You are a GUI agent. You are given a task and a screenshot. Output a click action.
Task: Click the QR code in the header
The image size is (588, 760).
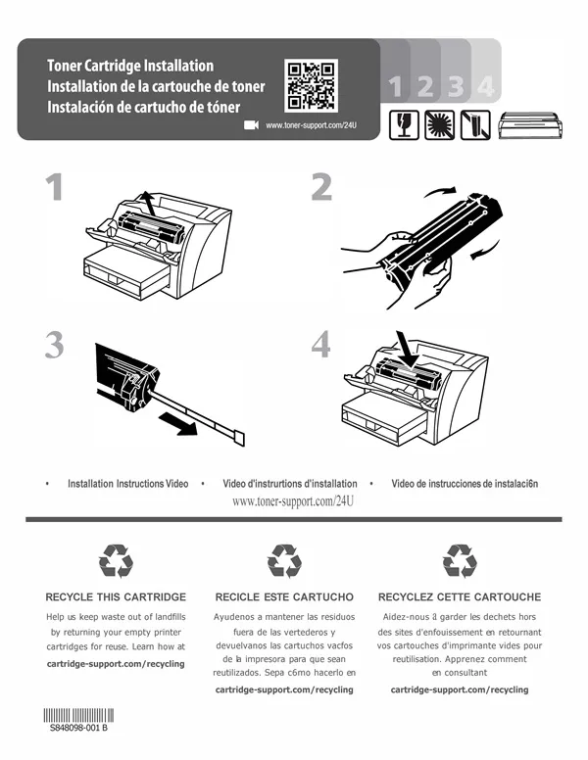pyautogui.click(x=311, y=85)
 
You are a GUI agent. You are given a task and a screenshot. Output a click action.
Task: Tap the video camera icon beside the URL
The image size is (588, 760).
pyautogui.click(x=251, y=125)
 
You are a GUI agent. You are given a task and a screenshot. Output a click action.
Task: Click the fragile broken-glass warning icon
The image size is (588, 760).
pyautogui.click(x=404, y=125)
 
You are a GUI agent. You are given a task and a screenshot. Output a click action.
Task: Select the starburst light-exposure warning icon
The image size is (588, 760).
pyautogui.click(x=440, y=125)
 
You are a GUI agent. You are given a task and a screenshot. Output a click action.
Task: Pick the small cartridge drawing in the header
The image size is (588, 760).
pyautogui.click(x=530, y=124)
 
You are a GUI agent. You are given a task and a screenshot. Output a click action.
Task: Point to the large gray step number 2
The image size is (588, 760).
pyautogui.click(x=321, y=187)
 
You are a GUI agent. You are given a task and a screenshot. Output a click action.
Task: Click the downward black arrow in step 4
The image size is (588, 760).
pyautogui.click(x=407, y=349)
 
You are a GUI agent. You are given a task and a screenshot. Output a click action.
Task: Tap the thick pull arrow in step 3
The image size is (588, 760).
pyautogui.click(x=177, y=423)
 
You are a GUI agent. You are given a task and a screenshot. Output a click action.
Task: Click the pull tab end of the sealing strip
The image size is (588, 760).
pyautogui.click(x=240, y=438)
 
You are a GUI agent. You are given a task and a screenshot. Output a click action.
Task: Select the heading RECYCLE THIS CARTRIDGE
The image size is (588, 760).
pyautogui.click(x=116, y=596)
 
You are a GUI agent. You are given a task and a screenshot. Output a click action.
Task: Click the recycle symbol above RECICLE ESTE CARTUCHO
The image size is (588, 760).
pyautogui.click(x=284, y=561)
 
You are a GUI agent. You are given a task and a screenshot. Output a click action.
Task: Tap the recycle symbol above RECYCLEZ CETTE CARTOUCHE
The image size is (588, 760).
pyautogui.click(x=460, y=561)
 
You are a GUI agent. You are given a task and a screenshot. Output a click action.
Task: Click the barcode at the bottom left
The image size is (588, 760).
pyautogui.click(x=78, y=715)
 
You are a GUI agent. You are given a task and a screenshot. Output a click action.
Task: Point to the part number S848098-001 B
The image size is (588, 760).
pyautogui.click(x=78, y=728)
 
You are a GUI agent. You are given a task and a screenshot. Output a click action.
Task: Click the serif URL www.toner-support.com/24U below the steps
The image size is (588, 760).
pyautogui.click(x=293, y=501)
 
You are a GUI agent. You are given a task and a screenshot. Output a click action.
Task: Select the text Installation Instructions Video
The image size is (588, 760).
pyautogui.click(x=128, y=484)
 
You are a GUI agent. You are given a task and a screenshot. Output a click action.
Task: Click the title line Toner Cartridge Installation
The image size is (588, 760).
pyautogui.click(x=130, y=66)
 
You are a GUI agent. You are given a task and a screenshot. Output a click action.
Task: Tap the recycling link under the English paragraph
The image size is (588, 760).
pyautogui.click(x=116, y=664)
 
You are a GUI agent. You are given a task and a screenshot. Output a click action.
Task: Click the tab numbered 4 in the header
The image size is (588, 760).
pyautogui.click(x=485, y=71)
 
